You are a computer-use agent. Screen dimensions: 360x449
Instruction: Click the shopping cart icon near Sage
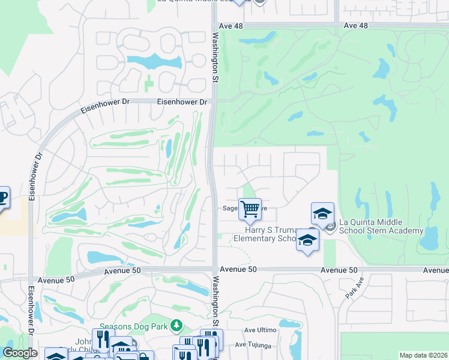tap(250, 209)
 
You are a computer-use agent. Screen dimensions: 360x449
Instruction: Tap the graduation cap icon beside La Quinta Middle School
tap(322, 214)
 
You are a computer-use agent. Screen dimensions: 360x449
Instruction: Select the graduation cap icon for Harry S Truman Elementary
tap(307, 240)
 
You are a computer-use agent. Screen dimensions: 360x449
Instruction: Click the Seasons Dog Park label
tap(133, 327)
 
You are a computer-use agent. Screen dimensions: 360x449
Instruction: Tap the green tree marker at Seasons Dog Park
tap(176, 326)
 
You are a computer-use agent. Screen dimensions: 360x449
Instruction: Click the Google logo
tap(20, 353)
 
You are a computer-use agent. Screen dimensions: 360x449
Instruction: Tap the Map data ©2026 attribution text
tap(423, 355)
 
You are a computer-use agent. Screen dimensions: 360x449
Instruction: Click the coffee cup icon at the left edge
tap(2, 197)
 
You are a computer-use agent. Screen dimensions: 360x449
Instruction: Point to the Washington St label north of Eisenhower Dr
tap(215, 54)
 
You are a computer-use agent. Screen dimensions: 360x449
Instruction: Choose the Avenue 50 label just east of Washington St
tap(238, 270)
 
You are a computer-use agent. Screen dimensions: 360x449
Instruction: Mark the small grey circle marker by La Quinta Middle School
tap(330, 226)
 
